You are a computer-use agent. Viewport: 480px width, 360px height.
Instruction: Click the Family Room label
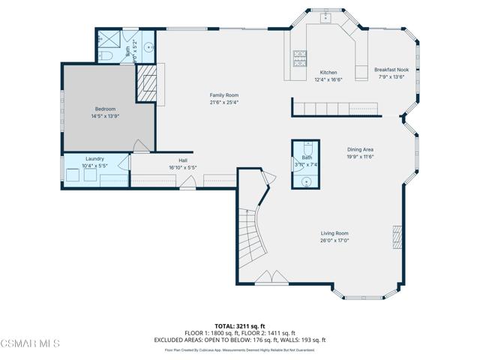223,95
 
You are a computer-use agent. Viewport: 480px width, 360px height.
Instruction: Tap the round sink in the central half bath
307,181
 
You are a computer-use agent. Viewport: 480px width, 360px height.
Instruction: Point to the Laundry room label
94,158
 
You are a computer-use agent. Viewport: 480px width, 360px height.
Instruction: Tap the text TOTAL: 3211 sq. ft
240,326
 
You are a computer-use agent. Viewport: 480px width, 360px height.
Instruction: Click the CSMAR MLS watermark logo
31,344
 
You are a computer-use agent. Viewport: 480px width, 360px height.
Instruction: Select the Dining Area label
360,149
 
